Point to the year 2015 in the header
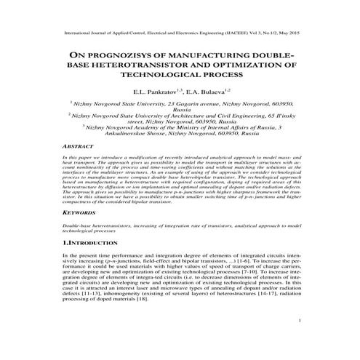295,34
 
